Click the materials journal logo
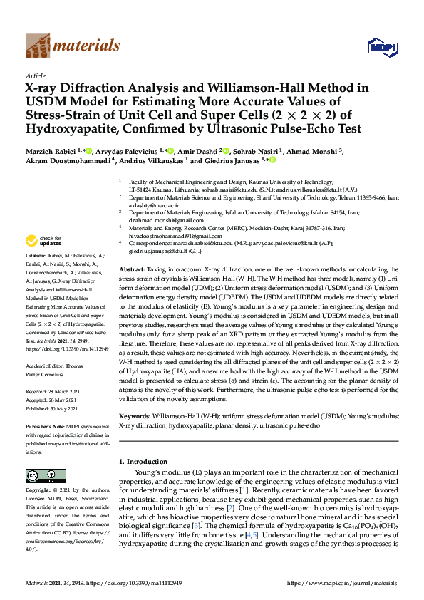point(72,46)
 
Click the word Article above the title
point(35,75)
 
